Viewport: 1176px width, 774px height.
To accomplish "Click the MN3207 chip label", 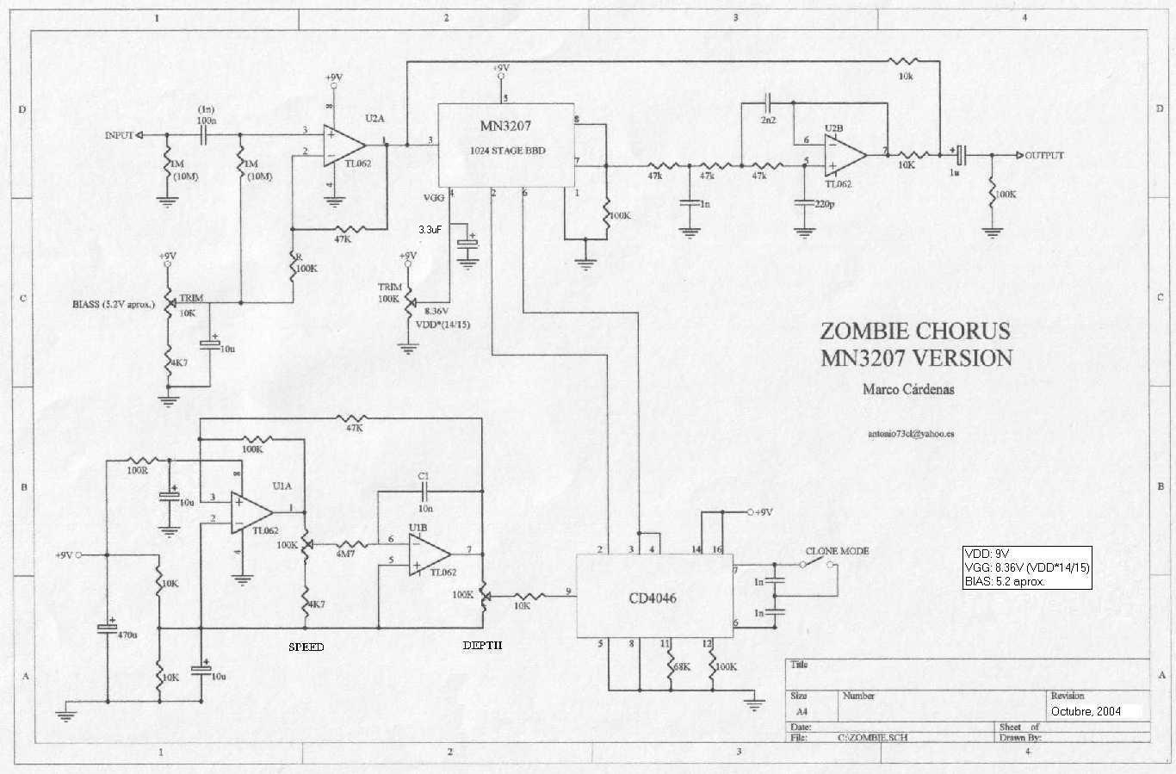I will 505,126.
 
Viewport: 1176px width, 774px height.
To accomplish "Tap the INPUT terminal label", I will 119,135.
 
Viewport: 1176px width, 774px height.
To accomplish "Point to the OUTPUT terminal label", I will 1044,156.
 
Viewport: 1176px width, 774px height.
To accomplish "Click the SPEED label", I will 306,647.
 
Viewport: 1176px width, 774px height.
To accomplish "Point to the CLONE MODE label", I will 837,551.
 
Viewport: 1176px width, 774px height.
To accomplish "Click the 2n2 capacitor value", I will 767,120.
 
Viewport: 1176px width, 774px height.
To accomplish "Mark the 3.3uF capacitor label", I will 432,230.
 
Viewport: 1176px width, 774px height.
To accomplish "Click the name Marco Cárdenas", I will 908,389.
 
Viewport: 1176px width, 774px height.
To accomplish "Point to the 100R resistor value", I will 136,471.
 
